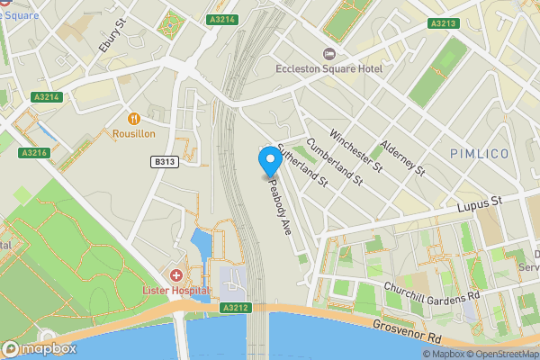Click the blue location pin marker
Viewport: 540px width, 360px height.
269,161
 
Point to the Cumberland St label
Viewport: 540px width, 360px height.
334,161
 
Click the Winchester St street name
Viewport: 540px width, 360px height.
356,150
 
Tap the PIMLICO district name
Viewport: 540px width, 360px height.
480,154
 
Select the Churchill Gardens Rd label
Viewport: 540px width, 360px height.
432,294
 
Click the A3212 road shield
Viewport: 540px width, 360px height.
234,308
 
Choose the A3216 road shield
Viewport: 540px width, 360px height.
35,153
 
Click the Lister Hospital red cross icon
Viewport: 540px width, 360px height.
175,274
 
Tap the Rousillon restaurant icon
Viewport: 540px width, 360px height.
134,118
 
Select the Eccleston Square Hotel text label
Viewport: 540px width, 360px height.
329,69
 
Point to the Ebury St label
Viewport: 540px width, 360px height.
109,35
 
